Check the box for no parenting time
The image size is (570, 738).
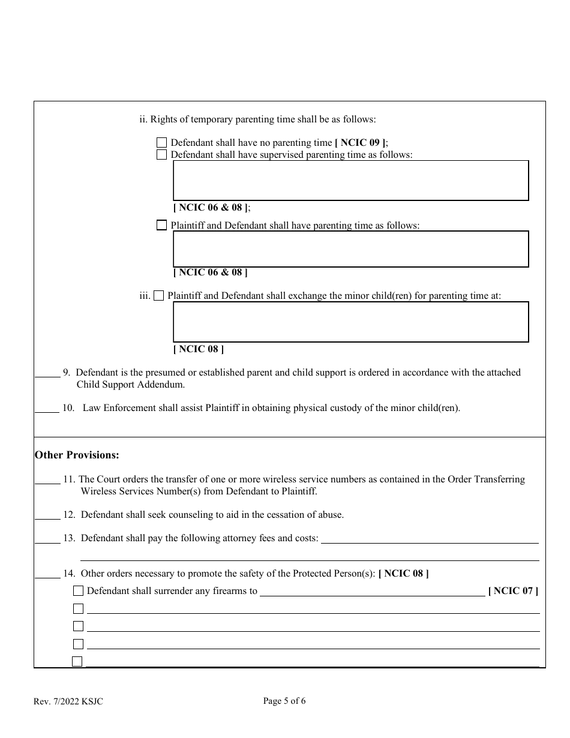161,143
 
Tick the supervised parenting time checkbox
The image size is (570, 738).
161,155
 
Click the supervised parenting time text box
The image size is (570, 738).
350,180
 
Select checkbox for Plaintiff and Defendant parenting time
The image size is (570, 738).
161,226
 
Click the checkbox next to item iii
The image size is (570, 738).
158,296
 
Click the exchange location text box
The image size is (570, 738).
350,322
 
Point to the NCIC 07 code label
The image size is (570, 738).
513,591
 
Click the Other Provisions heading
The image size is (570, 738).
77,455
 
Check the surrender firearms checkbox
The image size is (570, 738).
78,591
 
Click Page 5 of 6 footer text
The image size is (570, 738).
284,701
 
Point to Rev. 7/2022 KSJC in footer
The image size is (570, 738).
68,701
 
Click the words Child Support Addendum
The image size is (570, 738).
131,385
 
